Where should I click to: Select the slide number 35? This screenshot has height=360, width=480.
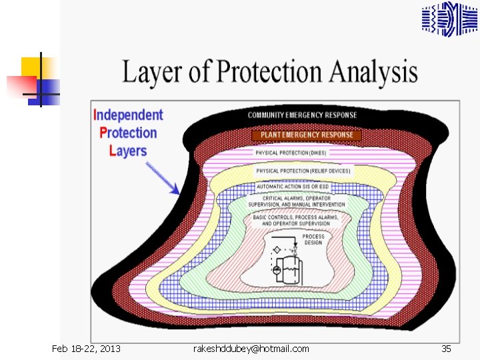tap(447, 349)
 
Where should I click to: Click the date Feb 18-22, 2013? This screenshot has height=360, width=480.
tap(87, 349)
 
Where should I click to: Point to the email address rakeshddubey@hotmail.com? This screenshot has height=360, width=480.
tap(251, 349)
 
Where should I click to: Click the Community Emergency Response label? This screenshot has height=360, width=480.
tap(302, 115)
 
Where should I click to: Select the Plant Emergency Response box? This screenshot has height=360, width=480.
tap(307, 135)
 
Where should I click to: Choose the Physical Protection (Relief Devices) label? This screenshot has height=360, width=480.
tap(303, 171)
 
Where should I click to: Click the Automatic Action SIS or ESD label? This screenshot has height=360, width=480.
tap(294, 187)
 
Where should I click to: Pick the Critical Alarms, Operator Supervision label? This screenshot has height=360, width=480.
tap(296, 201)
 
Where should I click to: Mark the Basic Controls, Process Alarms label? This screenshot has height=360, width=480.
tap(295, 220)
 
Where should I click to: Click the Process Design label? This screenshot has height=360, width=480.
tap(313, 239)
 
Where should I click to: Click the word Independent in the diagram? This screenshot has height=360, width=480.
tap(128, 115)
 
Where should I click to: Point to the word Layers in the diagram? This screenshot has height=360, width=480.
tap(128, 151)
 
